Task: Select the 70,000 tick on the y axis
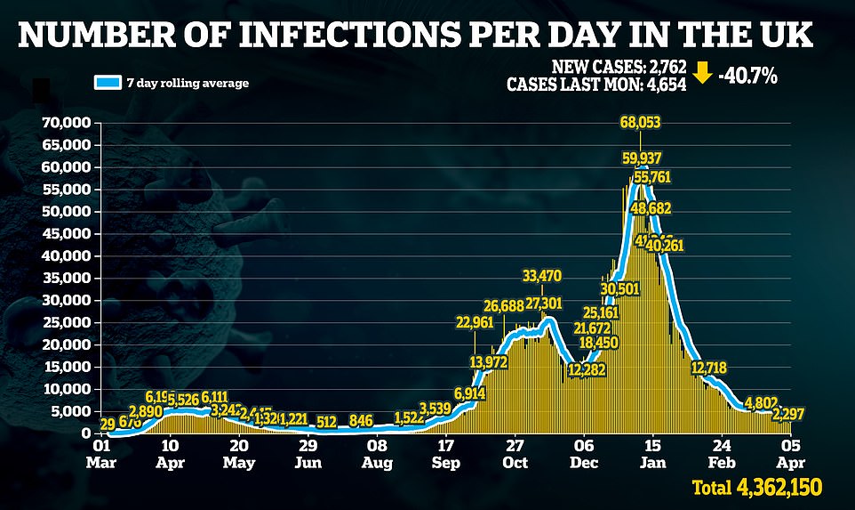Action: [x=66, y=123]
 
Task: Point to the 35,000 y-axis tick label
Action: [x=66, y=278]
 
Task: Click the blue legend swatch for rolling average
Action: [x=107, y=83]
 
